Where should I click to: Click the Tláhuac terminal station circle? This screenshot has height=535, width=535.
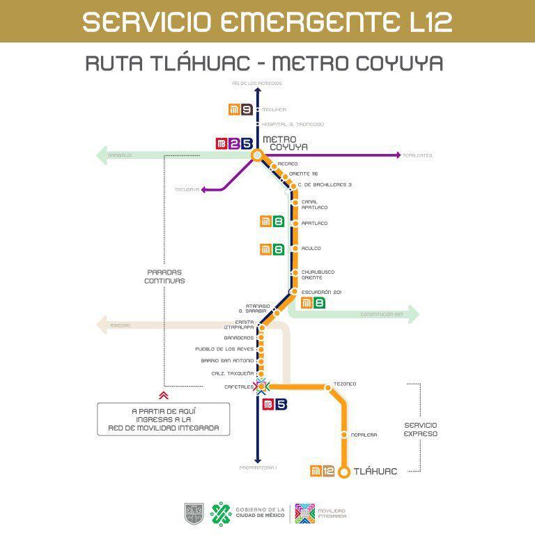click(344, 472)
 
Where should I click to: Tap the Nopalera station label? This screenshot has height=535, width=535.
click(364, 435)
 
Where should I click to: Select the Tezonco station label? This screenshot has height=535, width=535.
click(345, 384)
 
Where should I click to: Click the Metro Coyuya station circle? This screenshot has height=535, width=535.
click(257, 155)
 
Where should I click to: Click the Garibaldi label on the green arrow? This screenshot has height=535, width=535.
click(121, 155)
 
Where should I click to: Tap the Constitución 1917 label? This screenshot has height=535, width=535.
click(382, 315)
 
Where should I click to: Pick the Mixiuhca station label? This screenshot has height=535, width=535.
click(274, 109)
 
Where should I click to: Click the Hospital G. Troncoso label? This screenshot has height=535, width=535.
click(293, 124)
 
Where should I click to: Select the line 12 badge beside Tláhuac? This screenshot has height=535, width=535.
click(323, 472)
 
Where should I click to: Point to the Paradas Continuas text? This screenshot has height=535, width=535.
click(164, 277)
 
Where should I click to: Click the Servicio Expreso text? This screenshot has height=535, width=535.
click(421, 428)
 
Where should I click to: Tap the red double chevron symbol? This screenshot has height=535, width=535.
click(164, 394)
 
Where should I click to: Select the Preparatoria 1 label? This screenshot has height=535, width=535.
click(258, 467)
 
